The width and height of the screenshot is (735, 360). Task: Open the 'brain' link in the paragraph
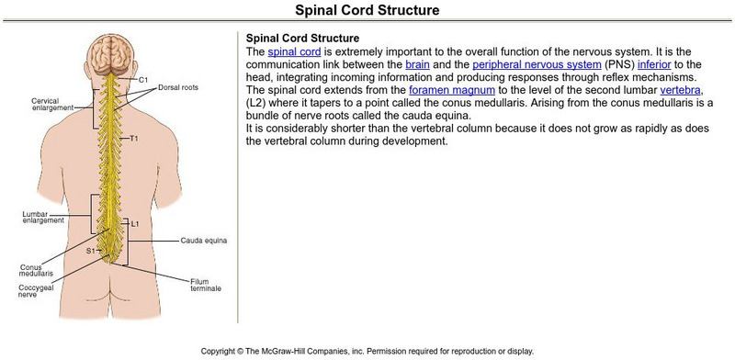[x=417, y=66]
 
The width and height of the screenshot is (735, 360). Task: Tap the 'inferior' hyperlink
[x=657, y=66]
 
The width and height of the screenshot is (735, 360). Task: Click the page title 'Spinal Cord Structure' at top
[x=367, y=11]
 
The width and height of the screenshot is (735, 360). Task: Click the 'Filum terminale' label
[x=207, y=284]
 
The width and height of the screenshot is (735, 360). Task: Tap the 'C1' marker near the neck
[x=144, y=80]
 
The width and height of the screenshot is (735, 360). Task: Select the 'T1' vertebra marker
[x=134, y=139]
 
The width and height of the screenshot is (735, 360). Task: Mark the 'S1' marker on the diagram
[x=92, y=250]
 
